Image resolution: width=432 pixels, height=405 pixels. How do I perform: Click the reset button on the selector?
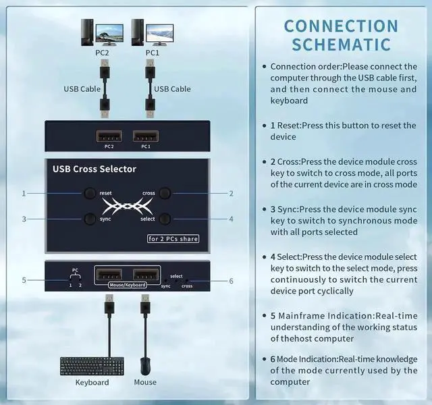(x=90, y=193)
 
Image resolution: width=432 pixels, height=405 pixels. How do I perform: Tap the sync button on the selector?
(x=90, y=219)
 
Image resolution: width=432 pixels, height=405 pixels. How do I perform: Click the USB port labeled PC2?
(x=109, y=135)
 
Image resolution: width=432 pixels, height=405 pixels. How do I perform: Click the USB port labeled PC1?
(x=146, y=135)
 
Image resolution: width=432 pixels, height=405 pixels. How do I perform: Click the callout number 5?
(x=24, y=280)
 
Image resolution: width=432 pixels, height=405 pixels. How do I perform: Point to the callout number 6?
(x=232, y=281)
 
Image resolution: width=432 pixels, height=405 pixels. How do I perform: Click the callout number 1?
(x=24, y=193)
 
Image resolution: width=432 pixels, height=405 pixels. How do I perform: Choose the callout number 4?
(x=232, y=219)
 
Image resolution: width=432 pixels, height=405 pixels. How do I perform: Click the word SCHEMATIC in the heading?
(x=341, y=45)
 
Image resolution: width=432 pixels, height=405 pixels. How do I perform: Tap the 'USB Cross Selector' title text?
(x=94, y=169)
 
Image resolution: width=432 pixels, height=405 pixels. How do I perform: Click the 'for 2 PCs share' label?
(x=173, y=238)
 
